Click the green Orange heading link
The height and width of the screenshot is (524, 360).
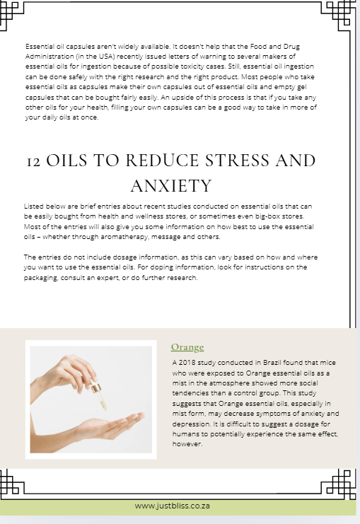coord(187,347)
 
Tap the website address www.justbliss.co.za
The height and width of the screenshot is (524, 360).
coord(173,506)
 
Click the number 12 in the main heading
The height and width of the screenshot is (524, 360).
coord(33,161)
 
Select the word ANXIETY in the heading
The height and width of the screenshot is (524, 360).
coord(171,186)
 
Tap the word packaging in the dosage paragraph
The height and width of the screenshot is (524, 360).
coord(44,278)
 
